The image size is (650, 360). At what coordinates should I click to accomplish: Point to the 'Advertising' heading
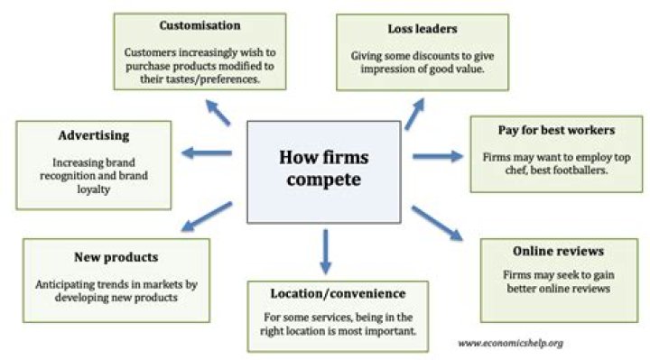point(95,135)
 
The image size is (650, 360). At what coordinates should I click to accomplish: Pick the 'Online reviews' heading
point(557,252)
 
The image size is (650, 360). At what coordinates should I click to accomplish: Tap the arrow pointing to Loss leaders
point(413,114)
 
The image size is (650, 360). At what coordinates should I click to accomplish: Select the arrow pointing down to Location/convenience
point(325,253)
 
